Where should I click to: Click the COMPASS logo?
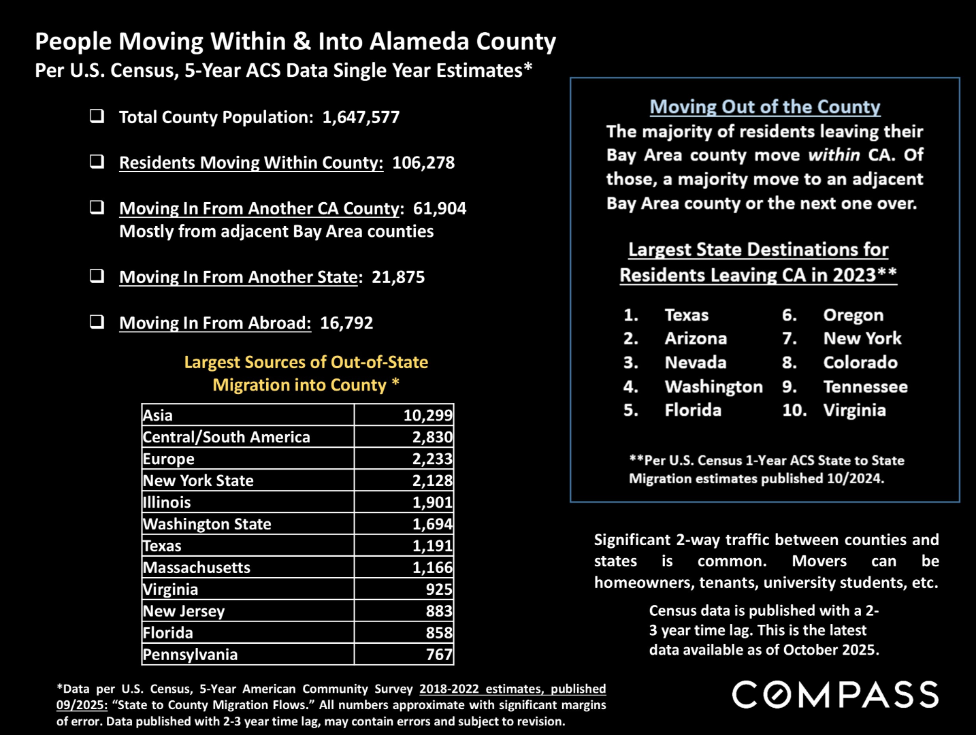point(835,695)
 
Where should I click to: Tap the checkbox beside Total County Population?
point(97,116)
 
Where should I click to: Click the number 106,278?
point(423,163)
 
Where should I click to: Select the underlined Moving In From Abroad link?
point(214,323)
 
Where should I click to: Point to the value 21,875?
point(397,277)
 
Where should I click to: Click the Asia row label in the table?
point(158,415)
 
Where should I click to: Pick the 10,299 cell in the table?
point(427,415)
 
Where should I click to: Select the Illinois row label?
point(167,502)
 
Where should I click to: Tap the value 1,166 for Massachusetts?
point(432,568)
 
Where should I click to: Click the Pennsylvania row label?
point(190,655)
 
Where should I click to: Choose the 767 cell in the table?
point(438,655)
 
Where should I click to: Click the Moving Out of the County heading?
point(764,107)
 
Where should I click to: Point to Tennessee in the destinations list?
point(865,387)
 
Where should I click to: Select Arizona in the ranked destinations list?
point(696,338)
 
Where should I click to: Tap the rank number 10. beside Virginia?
point(794,410)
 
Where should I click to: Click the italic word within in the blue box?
point(834,155)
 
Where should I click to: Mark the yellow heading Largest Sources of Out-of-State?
point(306,362)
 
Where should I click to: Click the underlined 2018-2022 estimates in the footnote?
point(512,689)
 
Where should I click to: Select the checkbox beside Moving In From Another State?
point(97,276)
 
